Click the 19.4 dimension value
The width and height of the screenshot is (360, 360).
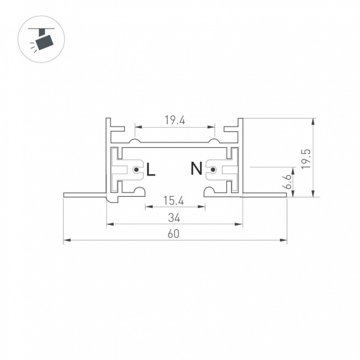coord(175,120)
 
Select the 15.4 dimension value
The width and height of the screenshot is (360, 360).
coord(175,200)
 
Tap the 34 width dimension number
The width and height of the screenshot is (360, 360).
coord(175,217)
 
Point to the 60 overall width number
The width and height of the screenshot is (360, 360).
coord(175,233)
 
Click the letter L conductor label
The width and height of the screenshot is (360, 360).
coord(151,169)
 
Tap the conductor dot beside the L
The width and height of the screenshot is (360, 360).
coord(136,170)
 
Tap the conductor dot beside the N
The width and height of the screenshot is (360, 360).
coord(213,170)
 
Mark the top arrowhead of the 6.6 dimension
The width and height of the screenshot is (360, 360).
coord(296,169)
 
